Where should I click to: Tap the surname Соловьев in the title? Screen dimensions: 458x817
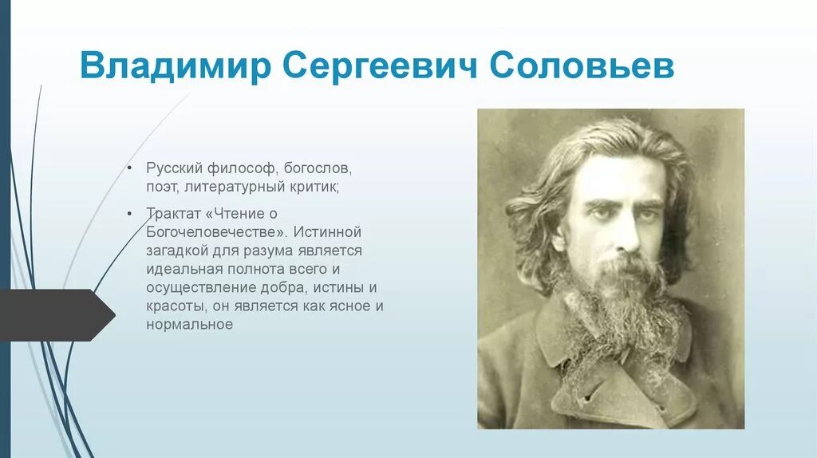(582, 67)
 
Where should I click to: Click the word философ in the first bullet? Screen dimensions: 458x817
(237, 169)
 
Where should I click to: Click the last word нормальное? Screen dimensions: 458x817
(189, 324)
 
